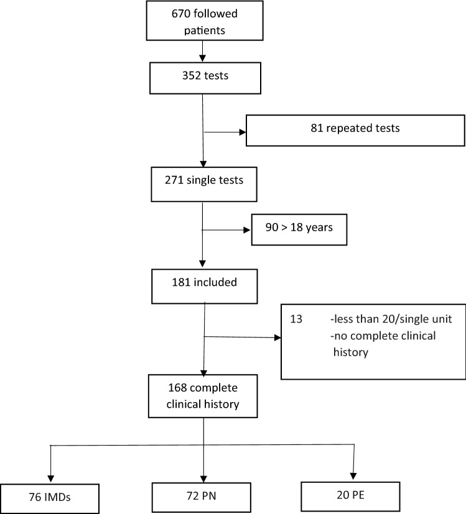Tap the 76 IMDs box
point(52,497)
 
